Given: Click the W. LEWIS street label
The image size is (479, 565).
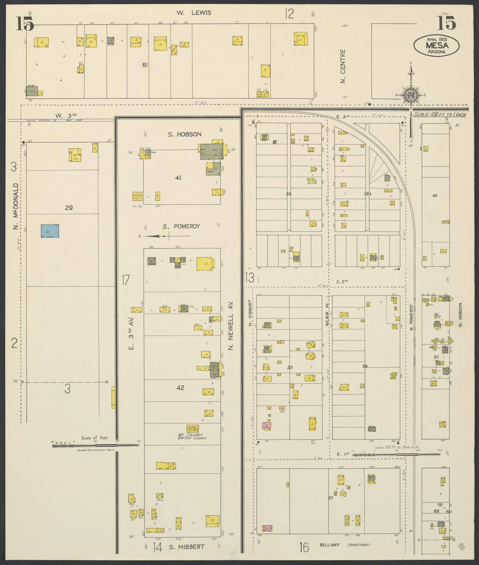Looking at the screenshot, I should point(193,13).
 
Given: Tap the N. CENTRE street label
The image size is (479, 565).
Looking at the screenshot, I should point(343,66).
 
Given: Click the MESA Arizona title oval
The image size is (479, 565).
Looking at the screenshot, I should point(437,45).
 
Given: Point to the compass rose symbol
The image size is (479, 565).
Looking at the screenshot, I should point(411,96).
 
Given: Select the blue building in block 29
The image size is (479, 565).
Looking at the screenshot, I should point(50,231).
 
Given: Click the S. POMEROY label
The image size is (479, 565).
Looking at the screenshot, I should point(181,226).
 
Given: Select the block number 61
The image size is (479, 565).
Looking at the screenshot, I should point(145,65).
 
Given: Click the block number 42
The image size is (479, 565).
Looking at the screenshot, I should point(180,388).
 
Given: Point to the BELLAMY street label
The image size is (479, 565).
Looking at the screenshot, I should point(329,545).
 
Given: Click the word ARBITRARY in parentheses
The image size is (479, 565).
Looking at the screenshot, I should point(359,545).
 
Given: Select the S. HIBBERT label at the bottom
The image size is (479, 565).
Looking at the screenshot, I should point(187,547).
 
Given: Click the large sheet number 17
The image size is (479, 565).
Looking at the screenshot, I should point(125,280).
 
